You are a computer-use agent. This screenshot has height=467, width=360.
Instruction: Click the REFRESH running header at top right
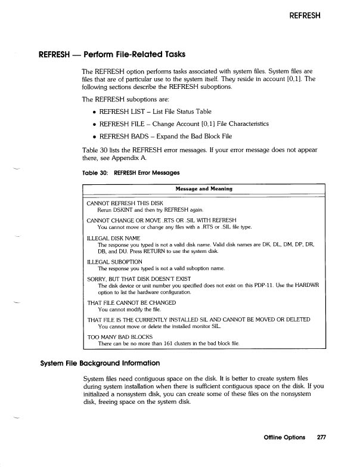(x=305, y=16)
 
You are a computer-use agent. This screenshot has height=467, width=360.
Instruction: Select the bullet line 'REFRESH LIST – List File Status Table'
(x=155, y=112)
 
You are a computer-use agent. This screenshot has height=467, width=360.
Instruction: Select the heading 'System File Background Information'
(x=100, y=362)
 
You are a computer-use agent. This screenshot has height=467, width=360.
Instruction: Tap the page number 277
(x=322, y=438)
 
